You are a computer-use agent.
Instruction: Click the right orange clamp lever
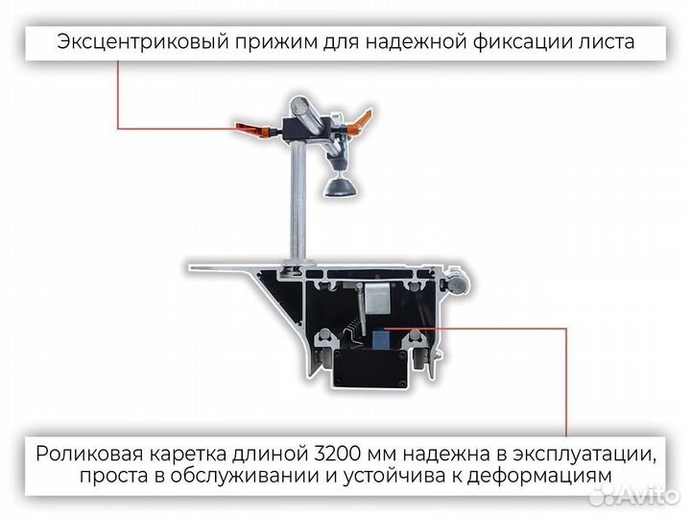pos(358,120)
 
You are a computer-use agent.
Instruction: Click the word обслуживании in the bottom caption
pos(242,477)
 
